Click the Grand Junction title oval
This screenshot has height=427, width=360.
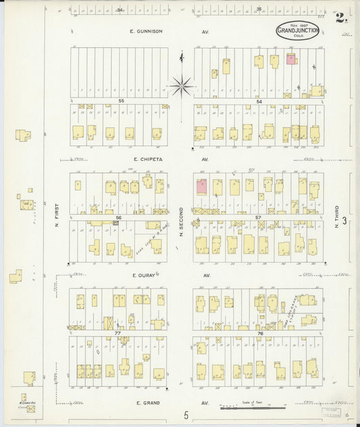(x=298, y=30)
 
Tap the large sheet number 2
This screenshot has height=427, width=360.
(x=340, y=18)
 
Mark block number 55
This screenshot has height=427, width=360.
(x=122, y=101)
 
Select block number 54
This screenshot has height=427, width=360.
(x=259, y=101)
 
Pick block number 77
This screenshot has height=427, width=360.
(x=117, y=333)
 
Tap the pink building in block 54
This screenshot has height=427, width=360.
(x=290, y=59)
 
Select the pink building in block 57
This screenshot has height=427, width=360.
(x=201, y=186)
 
